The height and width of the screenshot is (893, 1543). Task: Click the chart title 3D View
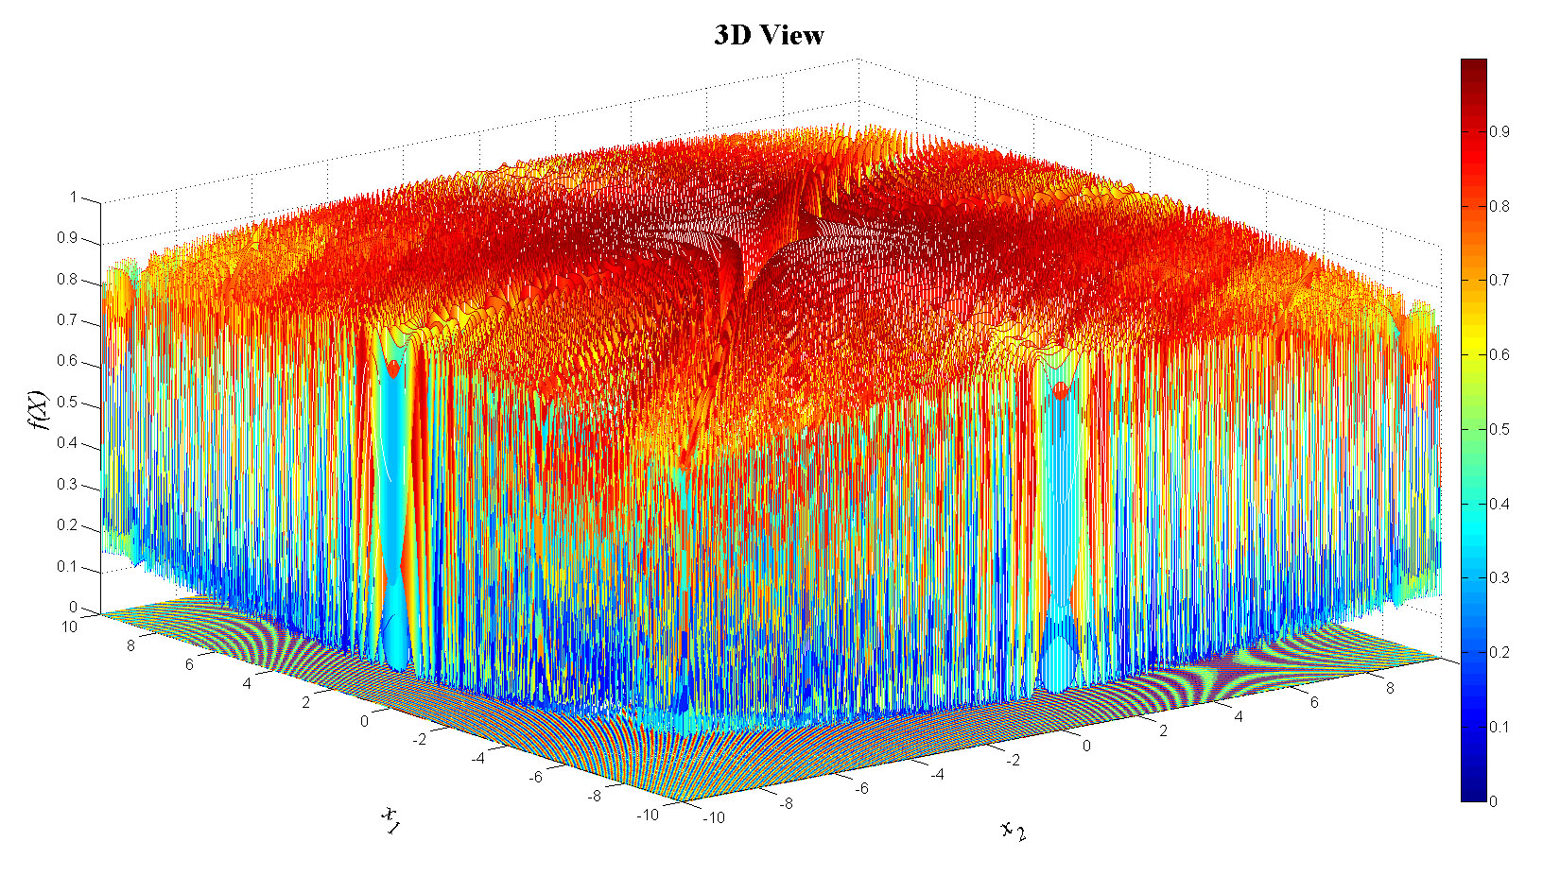point(769,36)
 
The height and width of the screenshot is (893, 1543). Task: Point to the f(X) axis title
point(38,410)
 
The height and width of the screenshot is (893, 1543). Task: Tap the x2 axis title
point(1014,831)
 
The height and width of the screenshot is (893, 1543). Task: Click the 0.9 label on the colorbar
point(1499,131)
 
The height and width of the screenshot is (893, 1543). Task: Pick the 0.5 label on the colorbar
point(1499,429)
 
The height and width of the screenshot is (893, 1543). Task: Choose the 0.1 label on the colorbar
point(1499,727)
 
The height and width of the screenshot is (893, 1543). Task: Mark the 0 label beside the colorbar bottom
point(1493,801)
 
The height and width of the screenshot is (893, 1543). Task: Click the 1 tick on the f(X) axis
point(73,197)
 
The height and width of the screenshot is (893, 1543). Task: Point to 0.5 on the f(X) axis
point(66,403)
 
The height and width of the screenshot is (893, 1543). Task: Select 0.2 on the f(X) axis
point(66,525)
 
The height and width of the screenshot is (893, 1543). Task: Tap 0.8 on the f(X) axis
point(66,280)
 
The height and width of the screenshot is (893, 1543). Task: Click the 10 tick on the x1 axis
point(69,627)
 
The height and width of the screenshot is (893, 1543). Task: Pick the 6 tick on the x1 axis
point(189,664)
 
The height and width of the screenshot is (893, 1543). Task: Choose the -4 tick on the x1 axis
point(478,758)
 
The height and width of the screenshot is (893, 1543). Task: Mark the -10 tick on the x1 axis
point(647,814)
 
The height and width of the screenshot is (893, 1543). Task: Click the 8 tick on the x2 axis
point(1390,688)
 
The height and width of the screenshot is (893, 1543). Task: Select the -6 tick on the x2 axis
point(861,788)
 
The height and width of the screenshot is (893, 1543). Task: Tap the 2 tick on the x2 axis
point(1163,730)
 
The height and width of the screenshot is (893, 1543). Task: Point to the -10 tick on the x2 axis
point(714,817)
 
